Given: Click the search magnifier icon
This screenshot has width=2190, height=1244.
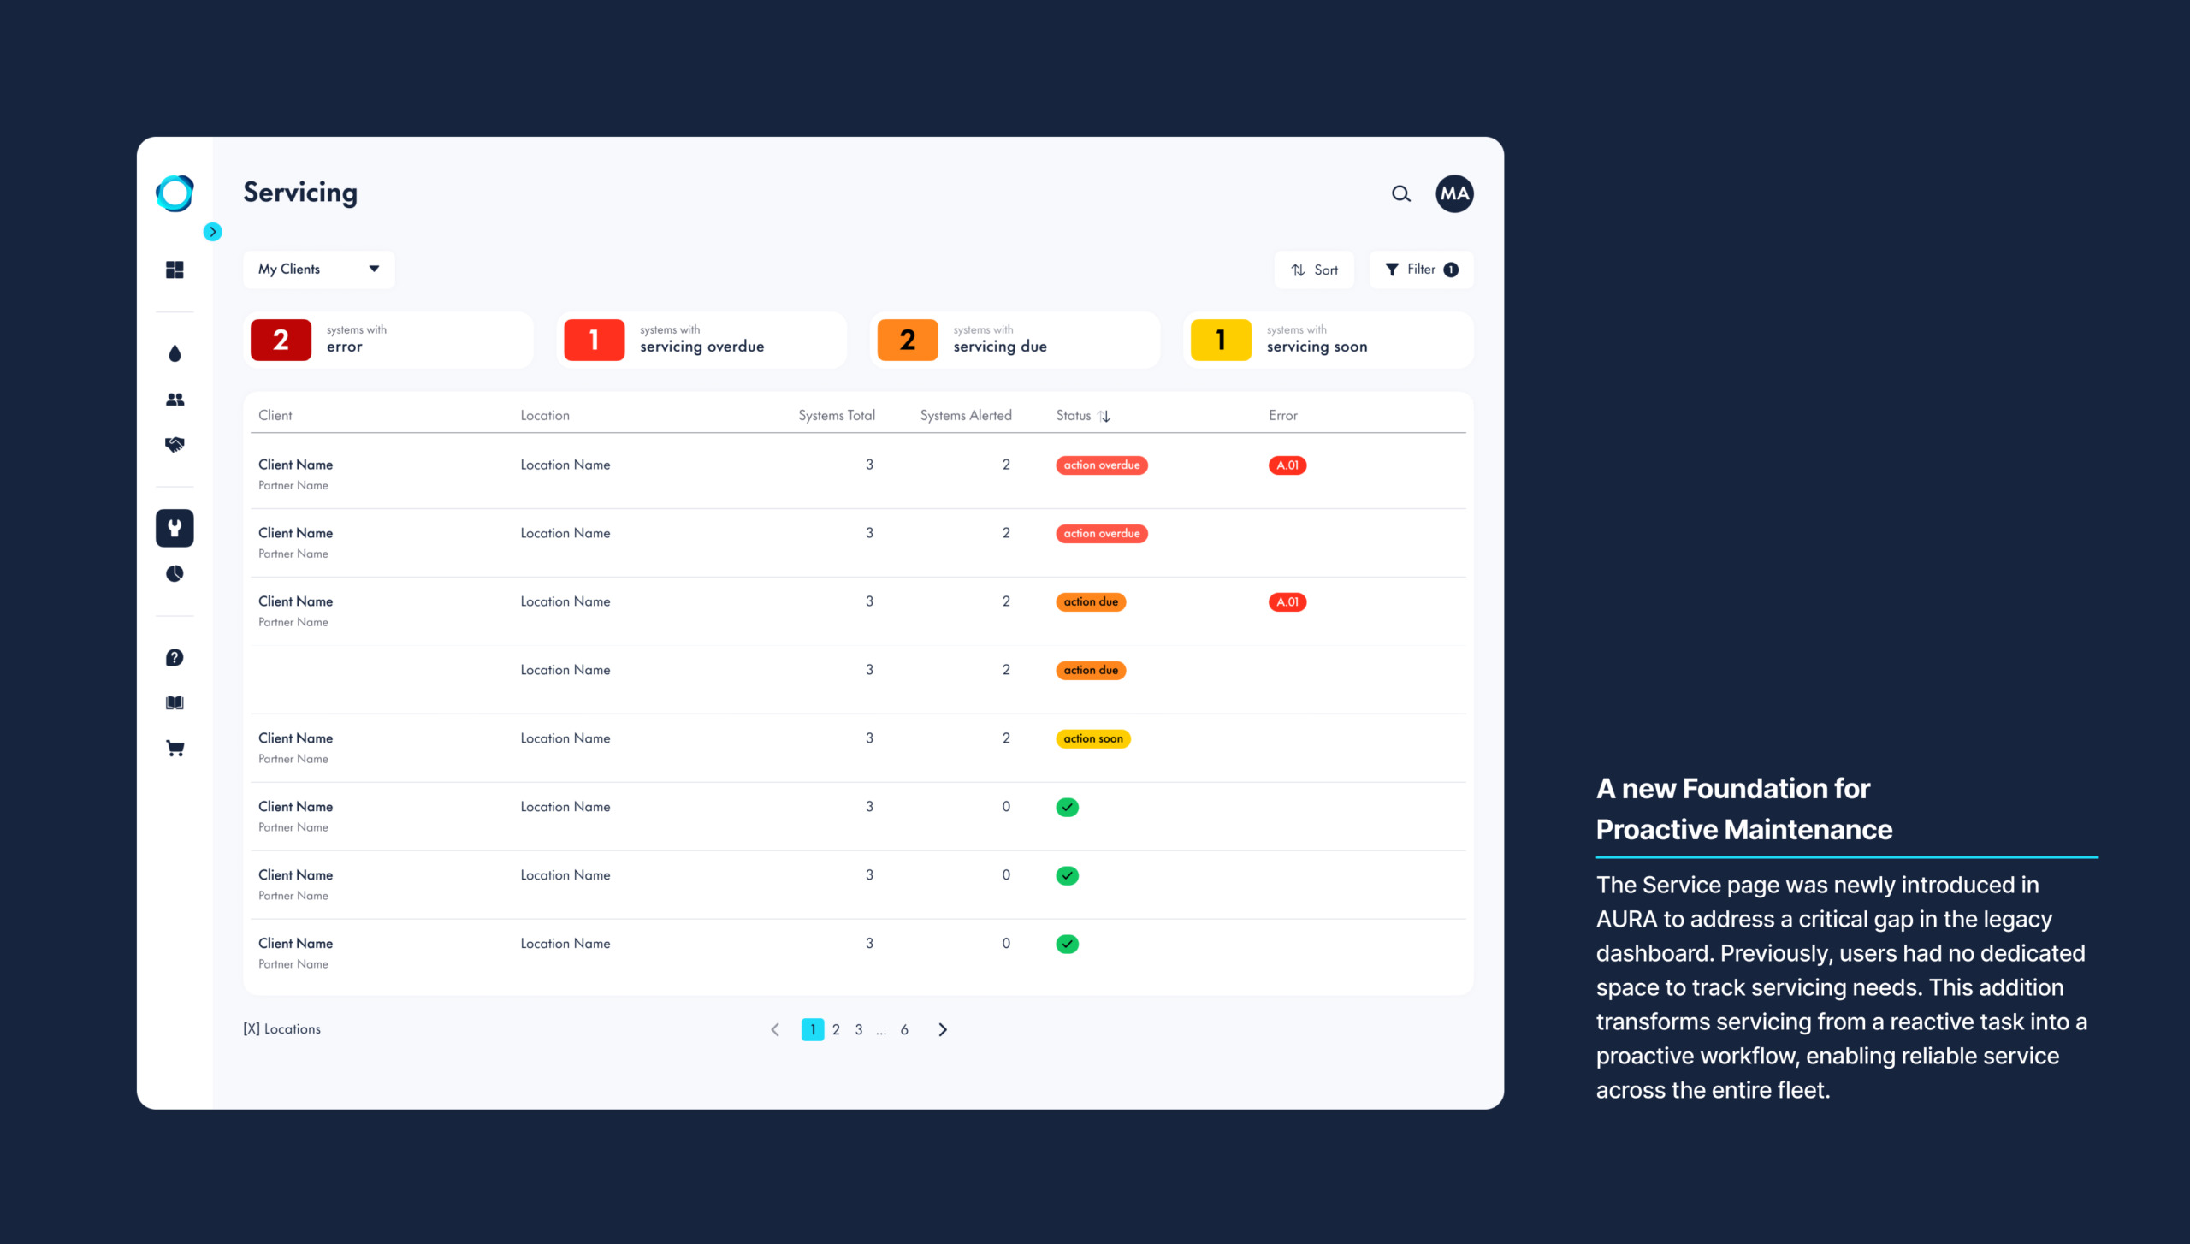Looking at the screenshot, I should click(x=1400, y=194).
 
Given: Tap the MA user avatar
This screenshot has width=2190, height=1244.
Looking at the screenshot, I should click(x=1454, y=194).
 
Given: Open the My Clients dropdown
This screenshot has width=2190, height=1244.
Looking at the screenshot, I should click(x=318, y=269).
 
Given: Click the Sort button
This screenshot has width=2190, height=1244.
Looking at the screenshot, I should click(x=1315, y=270).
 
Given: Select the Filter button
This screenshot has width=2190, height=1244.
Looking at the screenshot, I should click(x=1421, y=270).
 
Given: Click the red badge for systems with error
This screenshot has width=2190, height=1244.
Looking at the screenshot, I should click(x=281, y=340).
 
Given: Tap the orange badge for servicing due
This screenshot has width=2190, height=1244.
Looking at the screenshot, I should click(x=908, y=340).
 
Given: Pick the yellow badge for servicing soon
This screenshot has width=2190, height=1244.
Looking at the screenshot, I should click(x=1221, y=340).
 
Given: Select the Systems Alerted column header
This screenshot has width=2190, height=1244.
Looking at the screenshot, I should click(x=966, y=415).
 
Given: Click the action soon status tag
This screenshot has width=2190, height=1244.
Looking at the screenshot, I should click(x=1093, y=738).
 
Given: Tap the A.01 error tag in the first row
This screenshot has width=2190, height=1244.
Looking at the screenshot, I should click(x=1287, y=465).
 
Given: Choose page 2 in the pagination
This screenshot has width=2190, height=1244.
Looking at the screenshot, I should click(x=836, y=1029).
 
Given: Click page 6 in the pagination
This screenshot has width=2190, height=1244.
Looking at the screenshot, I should click(x=904, y=1029).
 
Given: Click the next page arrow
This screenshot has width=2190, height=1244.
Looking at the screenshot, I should click(x=943, y=1029).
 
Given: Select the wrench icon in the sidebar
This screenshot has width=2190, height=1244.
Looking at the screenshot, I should click(x=175, y=528).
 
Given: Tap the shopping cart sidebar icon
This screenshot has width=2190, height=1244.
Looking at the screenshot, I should click(x=175, y=749).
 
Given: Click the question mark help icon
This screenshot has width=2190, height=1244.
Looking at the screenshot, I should click(x=175, y=657).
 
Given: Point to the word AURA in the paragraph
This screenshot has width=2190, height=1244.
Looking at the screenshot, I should click(x=1625, y=919).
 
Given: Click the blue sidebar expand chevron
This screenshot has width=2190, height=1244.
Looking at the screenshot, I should click(x=213, y=232).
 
